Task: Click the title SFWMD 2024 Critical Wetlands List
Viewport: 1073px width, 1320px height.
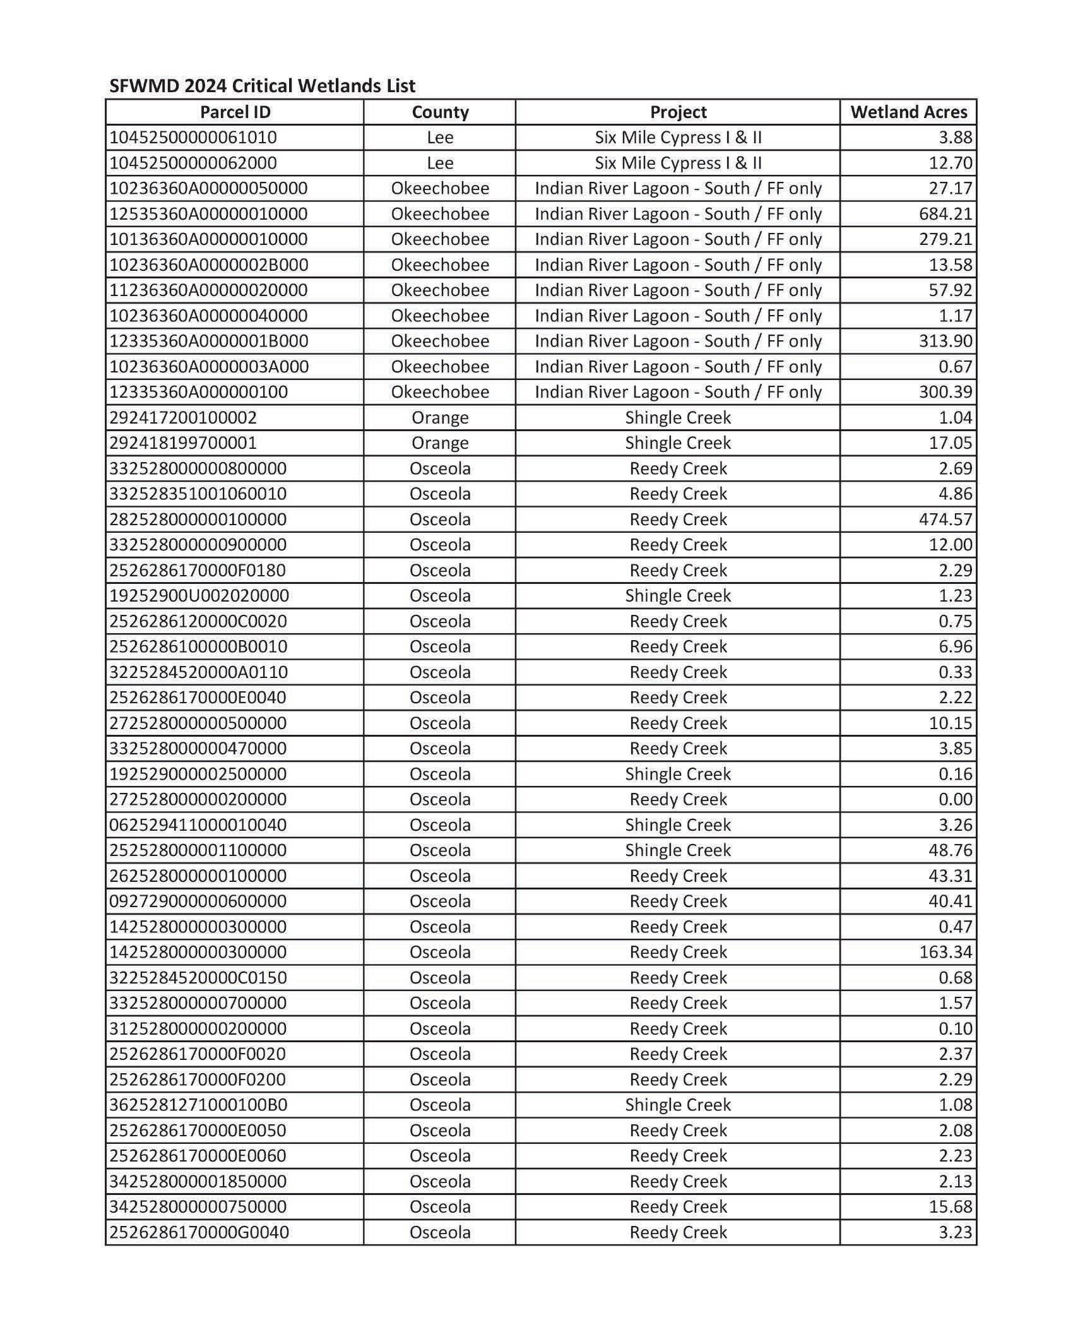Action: (262, 86)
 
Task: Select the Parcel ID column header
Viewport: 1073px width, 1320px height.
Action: (235, 112)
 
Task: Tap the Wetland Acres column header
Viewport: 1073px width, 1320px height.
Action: (908, 112)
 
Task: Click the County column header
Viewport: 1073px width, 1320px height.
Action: (440, 112)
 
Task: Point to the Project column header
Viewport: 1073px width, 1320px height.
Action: (678, 112)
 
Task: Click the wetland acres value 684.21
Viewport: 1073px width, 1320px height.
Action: (945, 214)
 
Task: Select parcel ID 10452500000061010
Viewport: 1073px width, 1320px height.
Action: (193, 138)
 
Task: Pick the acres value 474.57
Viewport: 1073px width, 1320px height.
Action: (945, 520)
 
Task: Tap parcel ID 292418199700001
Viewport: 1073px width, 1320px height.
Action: (183, 443)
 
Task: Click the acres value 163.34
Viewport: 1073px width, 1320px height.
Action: (945, 952)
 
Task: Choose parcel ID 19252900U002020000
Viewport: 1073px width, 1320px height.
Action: (199, 596)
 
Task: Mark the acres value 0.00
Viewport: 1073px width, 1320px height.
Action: (954, 799)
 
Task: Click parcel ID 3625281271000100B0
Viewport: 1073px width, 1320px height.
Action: (198, 1105)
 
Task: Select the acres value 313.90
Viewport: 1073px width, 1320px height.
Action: (945, 341)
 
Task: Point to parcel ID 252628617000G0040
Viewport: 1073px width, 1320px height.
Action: (199, 1232)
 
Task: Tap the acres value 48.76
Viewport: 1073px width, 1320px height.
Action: (950, 850)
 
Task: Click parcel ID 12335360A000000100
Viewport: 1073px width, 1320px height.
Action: (198, 392)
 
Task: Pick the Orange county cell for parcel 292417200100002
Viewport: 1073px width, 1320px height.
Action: (440, 418)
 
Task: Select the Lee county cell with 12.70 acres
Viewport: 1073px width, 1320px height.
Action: (440, 163)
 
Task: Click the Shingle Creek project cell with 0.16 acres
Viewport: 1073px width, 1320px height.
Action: (678, 774)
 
